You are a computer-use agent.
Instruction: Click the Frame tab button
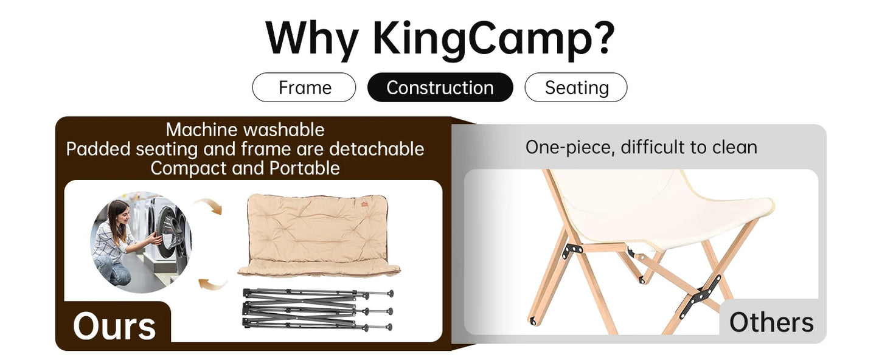coord(304,88)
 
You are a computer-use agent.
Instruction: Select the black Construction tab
coord(440,88)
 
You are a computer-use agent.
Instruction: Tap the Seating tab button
coord(575,88)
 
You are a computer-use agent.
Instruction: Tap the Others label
coord(771,322)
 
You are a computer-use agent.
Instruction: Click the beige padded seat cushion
coord(318,234)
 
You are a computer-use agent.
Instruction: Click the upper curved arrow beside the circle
coord(209,206)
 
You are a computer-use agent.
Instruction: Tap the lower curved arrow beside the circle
coord(213,282)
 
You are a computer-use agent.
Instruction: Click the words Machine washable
coord(245,130)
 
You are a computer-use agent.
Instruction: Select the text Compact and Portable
coord(245,168)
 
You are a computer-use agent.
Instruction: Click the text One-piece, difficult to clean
coord(641,147)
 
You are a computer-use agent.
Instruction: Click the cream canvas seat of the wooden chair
coord(657,207)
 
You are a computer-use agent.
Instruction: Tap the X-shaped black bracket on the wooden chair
coord(702,295)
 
